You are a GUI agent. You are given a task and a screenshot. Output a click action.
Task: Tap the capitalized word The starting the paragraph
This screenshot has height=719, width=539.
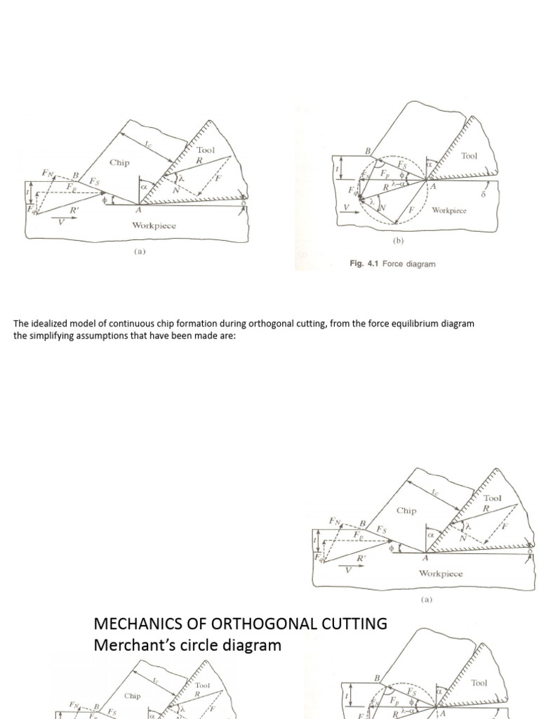(20, 324)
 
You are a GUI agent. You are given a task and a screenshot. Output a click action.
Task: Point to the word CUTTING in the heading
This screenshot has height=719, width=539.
(352, 623)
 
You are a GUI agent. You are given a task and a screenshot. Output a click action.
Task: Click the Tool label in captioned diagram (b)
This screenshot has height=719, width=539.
(469, 155)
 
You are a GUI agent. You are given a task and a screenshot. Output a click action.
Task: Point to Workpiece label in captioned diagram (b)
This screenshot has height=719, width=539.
(449, 209)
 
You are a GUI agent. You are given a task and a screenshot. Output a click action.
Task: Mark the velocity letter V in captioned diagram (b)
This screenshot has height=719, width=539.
(345, 209)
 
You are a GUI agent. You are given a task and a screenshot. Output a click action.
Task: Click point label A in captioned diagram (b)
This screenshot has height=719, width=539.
(433, 186)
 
